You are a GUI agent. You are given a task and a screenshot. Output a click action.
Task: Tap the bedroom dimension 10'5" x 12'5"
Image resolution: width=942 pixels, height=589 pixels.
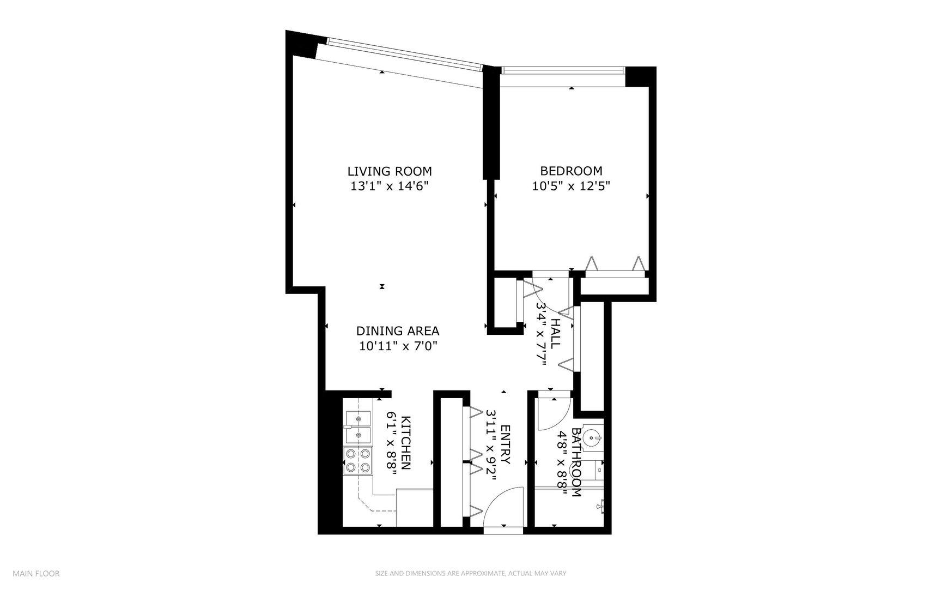click(x=570, y=186)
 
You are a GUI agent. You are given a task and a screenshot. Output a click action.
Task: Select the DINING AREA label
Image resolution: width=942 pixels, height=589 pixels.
click(x=397, y=330)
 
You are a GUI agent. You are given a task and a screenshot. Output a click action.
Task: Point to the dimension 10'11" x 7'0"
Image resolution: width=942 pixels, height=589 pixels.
click(x=398, y=345)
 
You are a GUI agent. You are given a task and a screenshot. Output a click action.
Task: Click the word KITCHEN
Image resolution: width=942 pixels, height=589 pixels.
click(x=406, y=442)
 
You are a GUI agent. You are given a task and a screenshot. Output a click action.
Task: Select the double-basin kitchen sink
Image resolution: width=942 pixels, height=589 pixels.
click(x=357, y=426)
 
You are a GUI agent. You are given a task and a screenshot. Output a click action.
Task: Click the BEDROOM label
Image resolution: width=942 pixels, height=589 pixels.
click(x=570, y=171)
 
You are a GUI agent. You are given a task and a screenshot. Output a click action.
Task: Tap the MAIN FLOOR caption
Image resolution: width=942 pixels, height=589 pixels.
click(x=36, y=573)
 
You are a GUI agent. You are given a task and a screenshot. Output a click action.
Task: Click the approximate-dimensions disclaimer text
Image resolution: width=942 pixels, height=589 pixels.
click(x=471, y=573)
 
